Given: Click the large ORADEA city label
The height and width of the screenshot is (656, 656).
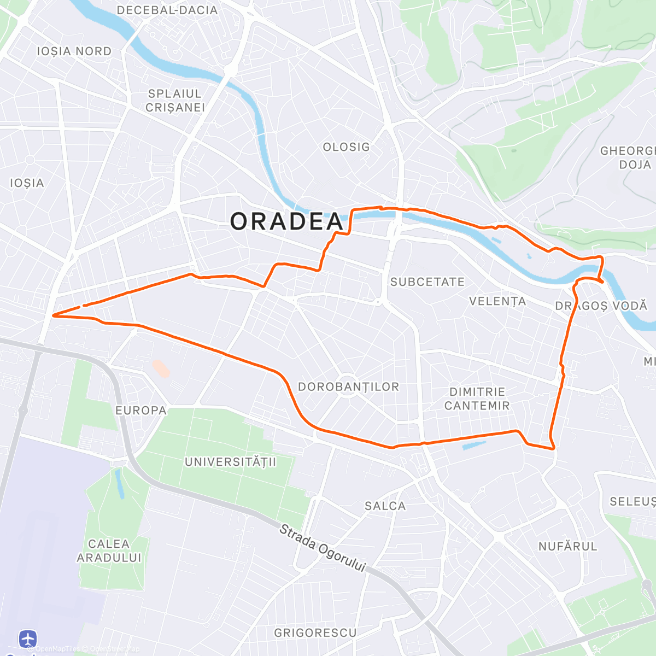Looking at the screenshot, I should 286,221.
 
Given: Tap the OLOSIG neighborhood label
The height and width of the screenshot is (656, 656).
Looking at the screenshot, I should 346,147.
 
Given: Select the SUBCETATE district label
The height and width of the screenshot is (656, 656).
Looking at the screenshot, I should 427,282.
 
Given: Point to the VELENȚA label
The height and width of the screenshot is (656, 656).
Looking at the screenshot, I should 497,301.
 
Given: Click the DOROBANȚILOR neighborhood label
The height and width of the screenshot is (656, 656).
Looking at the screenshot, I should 348,387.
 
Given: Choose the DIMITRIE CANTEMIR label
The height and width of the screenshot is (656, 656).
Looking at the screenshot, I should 477,399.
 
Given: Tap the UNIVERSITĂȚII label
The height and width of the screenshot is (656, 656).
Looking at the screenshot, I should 230,462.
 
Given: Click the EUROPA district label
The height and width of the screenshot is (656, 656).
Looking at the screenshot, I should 140,411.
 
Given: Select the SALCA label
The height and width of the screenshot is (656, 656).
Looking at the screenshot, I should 385,506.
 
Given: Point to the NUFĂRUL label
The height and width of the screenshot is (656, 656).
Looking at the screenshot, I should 567,546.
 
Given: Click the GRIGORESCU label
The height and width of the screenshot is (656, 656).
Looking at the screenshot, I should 315,632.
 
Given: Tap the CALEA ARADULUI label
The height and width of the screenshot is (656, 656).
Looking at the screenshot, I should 109,550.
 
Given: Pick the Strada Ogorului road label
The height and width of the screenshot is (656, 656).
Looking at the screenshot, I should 322,548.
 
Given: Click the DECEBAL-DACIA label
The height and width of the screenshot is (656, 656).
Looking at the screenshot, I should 167,10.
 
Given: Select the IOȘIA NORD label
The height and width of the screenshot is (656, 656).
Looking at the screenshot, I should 74,51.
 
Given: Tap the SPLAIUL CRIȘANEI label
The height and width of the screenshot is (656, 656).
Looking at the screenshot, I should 175,101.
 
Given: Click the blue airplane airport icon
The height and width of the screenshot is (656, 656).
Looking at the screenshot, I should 28,638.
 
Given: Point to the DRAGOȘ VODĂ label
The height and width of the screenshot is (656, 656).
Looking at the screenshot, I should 601,306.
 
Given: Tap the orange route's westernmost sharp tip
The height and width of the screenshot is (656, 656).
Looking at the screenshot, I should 53,315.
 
